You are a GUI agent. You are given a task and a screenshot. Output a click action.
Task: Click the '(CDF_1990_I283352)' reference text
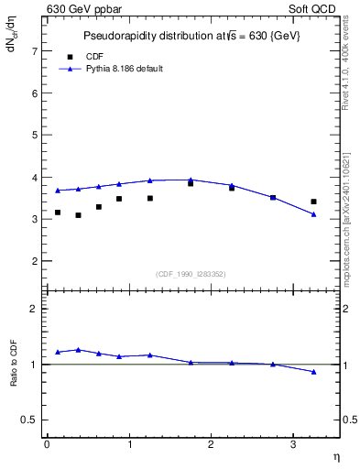191,273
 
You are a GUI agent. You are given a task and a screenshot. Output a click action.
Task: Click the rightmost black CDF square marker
313,202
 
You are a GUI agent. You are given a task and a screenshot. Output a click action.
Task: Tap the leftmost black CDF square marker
58,213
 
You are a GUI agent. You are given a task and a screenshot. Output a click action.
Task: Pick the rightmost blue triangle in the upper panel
313,214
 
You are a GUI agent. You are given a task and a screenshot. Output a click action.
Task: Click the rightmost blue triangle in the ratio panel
313,372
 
